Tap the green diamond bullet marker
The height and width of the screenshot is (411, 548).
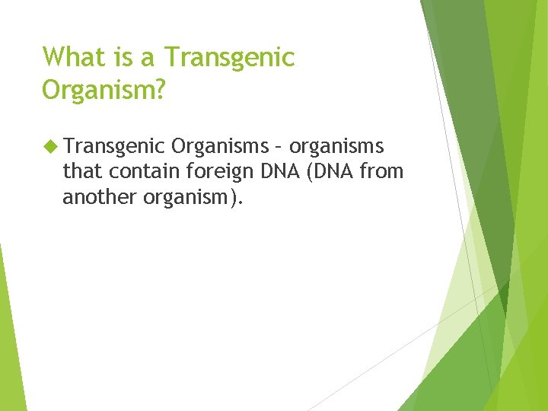pyautogui.click(x=51, y=146)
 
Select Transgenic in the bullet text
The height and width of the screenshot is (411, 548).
pyautogui.click(x=114, y=147)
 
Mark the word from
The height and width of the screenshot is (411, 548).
pyautogui.click(x=381, y=171)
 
